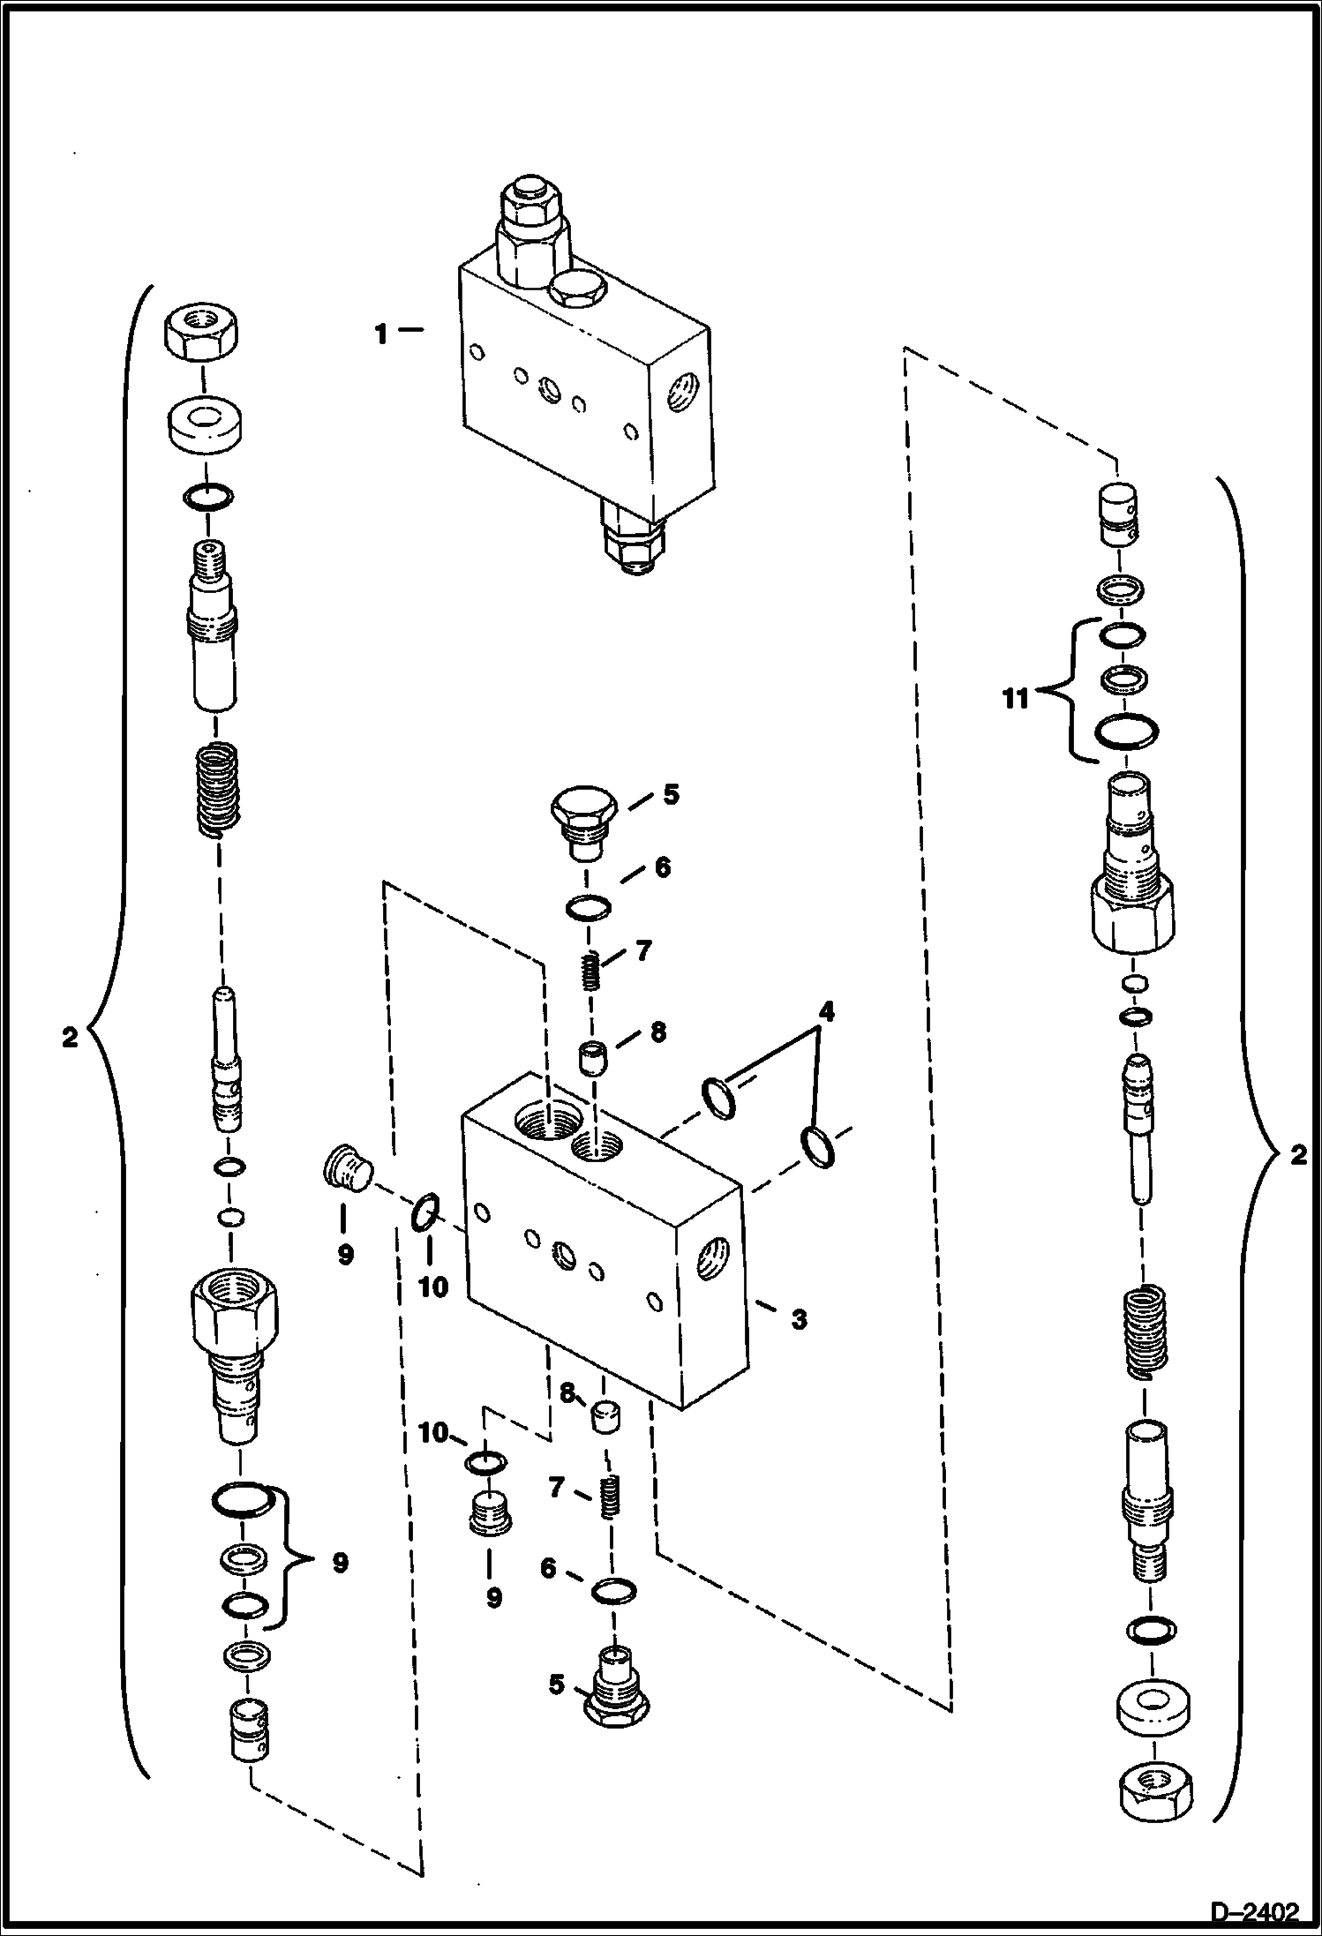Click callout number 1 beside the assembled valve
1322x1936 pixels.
380,335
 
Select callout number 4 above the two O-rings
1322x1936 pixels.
824,1011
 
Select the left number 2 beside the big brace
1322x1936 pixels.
70,1037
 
